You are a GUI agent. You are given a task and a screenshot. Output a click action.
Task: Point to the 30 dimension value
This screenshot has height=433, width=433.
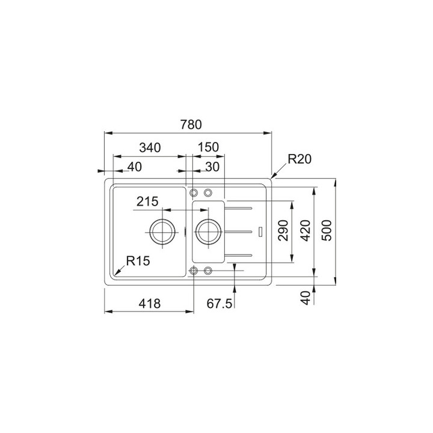click(211, 167)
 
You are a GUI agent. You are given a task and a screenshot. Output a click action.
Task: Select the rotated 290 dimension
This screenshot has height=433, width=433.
click(284, 230)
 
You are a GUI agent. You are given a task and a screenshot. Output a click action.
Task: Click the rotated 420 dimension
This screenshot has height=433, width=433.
click(306, 230)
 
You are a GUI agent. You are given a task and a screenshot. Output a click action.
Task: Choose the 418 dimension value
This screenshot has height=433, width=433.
click(150, 304)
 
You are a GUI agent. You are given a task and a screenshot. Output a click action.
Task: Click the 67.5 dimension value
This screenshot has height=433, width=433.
click(220, 304)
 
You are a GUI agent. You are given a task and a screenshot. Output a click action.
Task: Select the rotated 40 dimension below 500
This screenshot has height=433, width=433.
click(306, 297)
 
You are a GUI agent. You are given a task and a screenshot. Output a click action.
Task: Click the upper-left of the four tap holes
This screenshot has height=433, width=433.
click(194, 192)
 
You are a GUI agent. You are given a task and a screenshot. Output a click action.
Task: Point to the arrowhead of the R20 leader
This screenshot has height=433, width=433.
click(272, 179)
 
